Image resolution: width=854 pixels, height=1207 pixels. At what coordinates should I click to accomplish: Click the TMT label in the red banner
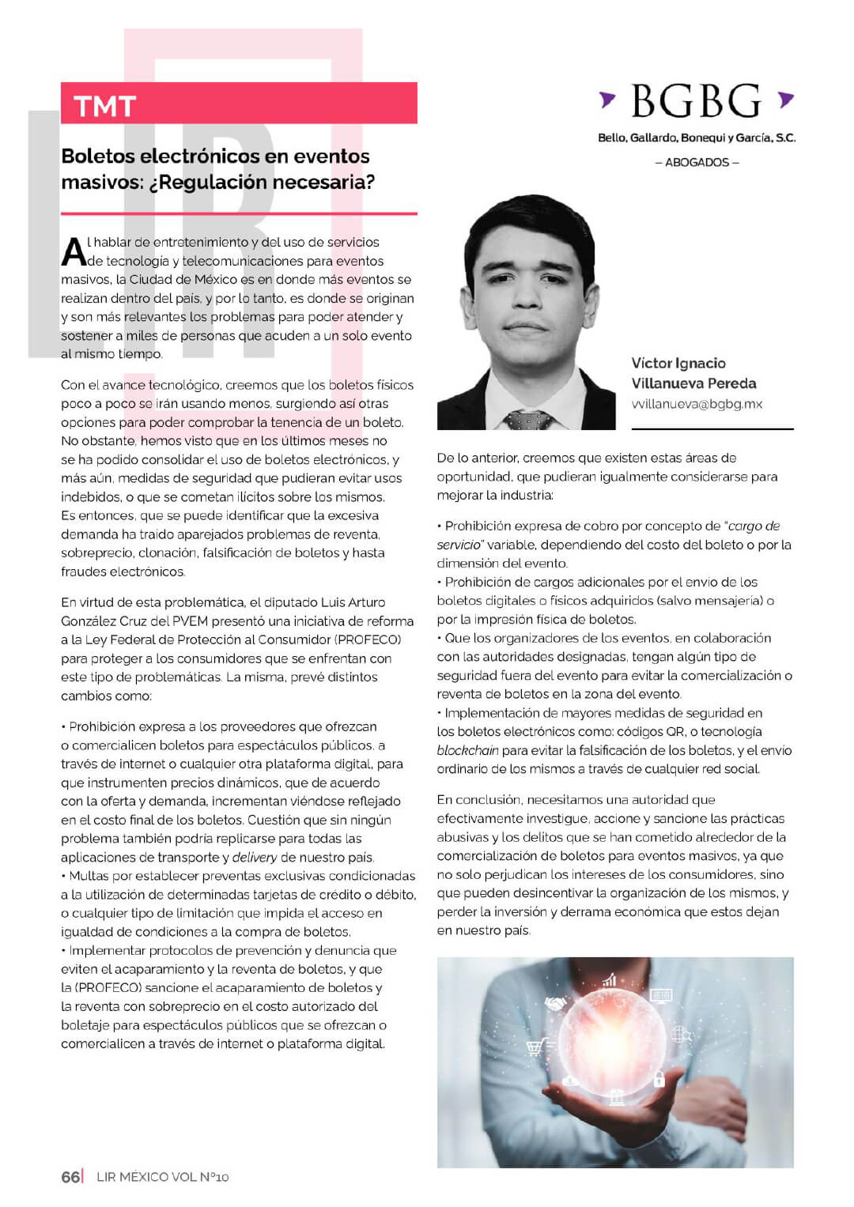coord(105,106)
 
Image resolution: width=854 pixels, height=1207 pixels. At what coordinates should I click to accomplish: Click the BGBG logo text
coord(696,102)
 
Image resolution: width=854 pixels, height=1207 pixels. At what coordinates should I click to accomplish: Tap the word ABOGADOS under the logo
coord(697,162)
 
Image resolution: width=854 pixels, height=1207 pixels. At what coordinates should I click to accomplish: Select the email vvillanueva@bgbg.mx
coord(697,404)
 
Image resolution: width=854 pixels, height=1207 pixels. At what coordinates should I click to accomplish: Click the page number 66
coord(70,1176)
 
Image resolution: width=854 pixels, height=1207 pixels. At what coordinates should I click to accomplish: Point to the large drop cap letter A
coord(73,252)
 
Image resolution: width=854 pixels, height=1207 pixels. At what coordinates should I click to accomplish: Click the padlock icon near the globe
coord(659,1077)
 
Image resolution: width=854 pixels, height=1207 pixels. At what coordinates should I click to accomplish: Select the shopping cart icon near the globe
coord(535,1047)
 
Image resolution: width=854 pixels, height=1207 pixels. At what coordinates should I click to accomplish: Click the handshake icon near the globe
coord(557,1002)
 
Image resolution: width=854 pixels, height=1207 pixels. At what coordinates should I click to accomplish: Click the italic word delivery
coord(255,858)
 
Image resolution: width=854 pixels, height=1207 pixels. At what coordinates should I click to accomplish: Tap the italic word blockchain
coord(467,750)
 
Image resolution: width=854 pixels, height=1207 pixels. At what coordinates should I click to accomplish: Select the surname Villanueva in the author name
coord(667,383)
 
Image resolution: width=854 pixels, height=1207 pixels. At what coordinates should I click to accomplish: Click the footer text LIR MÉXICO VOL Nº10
coord(162,1177)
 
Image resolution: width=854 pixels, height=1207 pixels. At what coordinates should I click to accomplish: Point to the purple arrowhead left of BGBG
coord(606,99)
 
